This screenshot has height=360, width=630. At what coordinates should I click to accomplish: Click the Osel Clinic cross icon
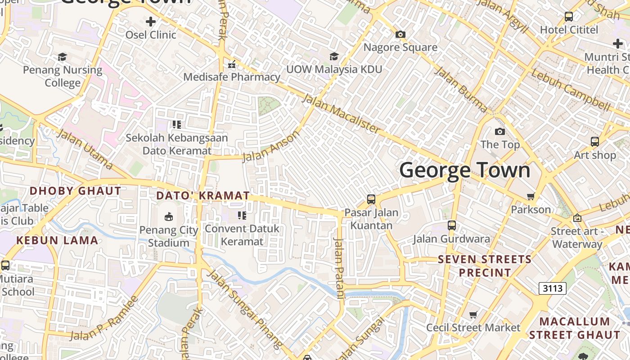(x=151, y=21)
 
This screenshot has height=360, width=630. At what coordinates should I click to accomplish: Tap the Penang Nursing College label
(x=63, y=76)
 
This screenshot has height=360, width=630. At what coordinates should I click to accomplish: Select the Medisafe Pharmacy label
(x=232, y=77)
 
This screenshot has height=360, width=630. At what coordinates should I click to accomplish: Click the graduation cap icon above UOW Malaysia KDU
(x=334, y=56)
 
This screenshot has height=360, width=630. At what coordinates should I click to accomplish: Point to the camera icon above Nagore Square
(x=400, y=34)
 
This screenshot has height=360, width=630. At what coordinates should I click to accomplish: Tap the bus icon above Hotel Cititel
(x=569, y=17)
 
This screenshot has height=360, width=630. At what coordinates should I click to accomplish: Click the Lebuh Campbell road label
(x=570, y=90)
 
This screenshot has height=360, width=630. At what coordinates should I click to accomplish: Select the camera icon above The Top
(x=499, y=131)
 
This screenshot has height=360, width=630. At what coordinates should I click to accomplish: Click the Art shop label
(x=594, y=155)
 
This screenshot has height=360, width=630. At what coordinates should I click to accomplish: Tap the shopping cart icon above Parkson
(x=531, y=196)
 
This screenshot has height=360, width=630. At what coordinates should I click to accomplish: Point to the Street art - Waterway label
(x=577, y=238)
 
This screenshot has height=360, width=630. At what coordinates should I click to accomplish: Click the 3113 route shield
(x=552, y=288)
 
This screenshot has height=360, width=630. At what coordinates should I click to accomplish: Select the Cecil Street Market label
(x=473, y=328)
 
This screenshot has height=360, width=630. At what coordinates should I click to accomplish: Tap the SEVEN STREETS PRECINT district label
(x=485, y=266)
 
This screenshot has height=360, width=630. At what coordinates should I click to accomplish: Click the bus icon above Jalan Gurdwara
(x=451, y=225)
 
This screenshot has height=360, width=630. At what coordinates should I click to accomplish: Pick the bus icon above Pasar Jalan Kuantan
(x=371, y=199)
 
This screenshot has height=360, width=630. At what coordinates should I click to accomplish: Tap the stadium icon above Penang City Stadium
(x=169, y=217)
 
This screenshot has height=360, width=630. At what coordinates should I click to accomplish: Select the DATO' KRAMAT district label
(x=202, y=196)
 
